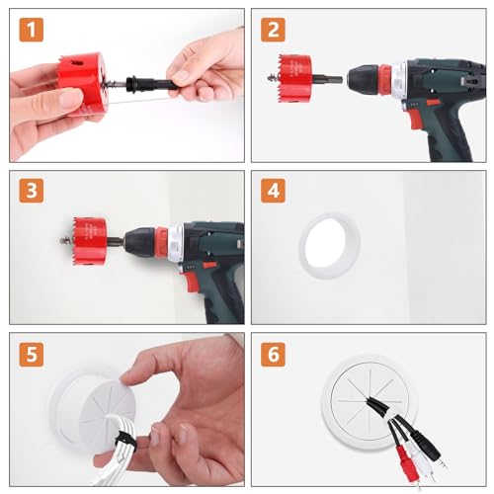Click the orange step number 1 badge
(x=32, y=30)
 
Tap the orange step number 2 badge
(x=273, y=30)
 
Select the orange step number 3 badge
(x=32, y=191)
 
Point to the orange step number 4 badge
(x=273, y=191)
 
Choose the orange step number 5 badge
(x=32, y=355)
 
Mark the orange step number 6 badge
(x=273, y=355)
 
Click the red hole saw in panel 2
(x=294, y=78)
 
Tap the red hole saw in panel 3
(x=90, y=241)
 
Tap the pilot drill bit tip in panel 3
(x=62, y=241)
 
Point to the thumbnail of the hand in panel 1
(x=71, y=99)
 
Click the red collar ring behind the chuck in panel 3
(x=161, y=242)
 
